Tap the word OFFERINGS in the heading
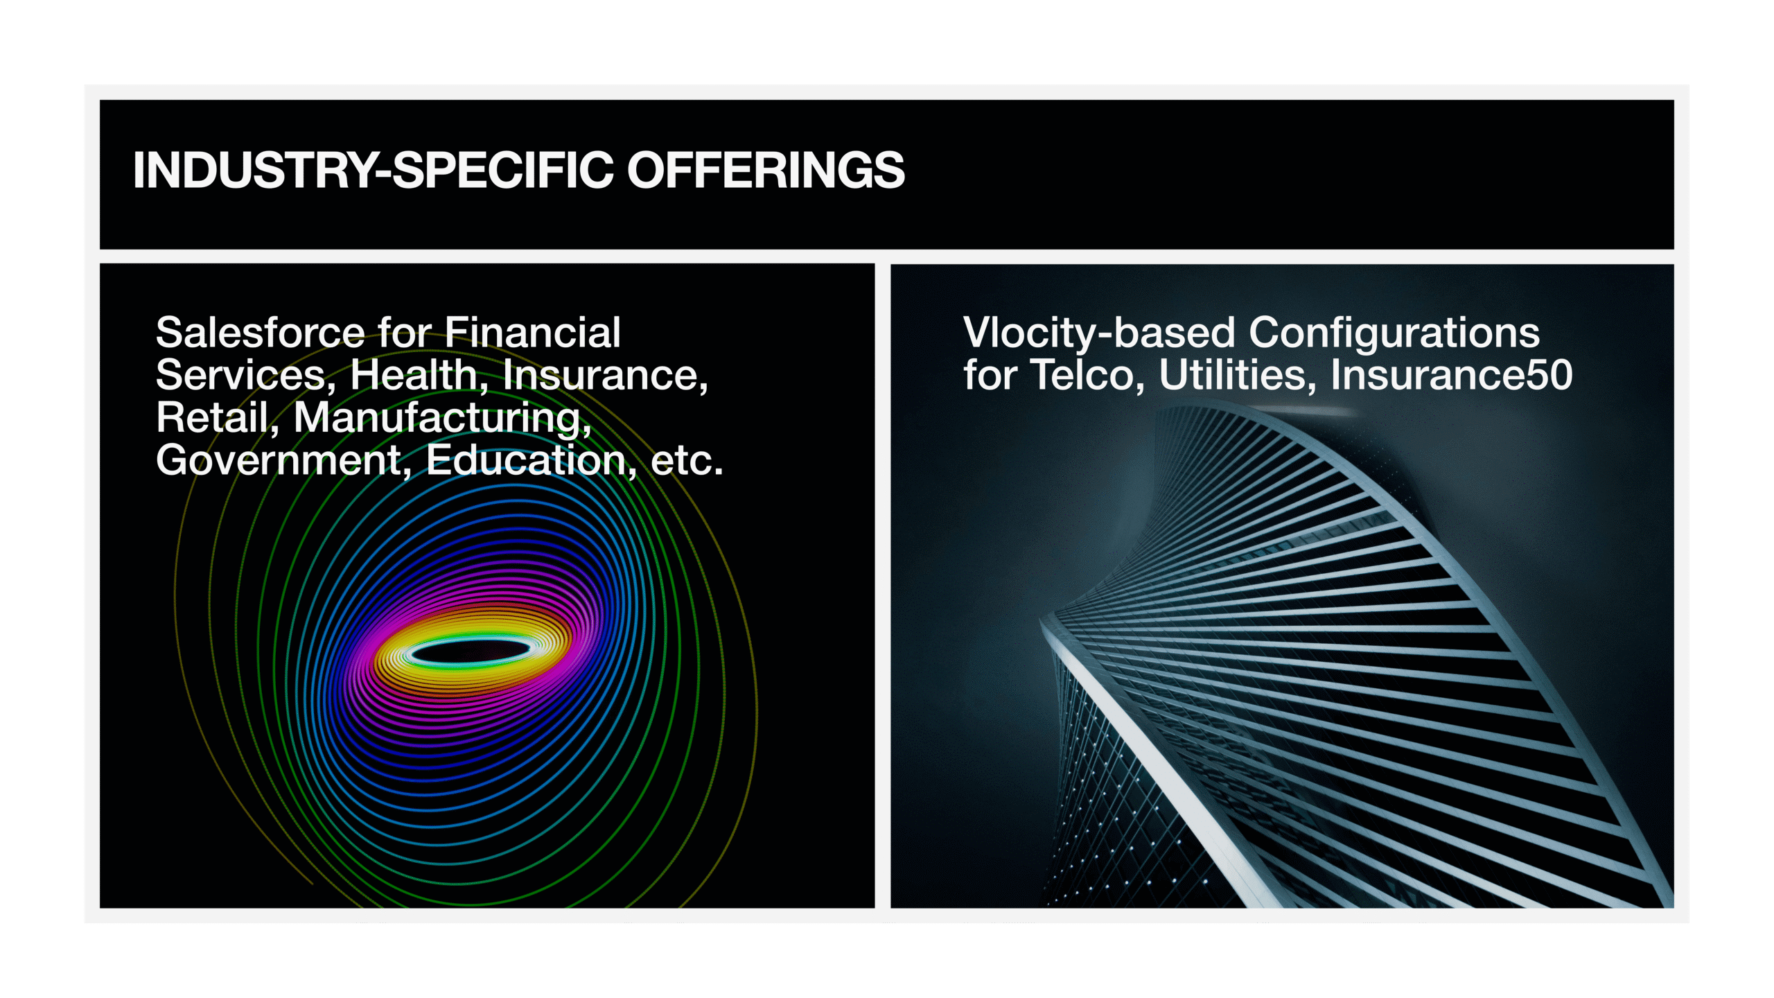[x=766, y=170]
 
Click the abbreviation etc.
[x=687, y=462]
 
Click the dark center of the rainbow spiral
[x=471, y=652]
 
